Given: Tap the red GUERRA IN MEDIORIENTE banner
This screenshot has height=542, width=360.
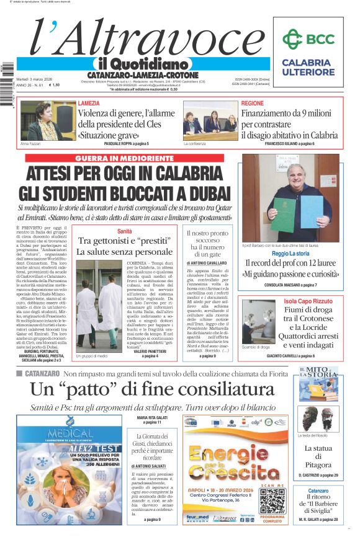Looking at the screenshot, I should (x=130, y=159).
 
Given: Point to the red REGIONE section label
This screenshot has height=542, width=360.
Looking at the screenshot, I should (x=253, y=103).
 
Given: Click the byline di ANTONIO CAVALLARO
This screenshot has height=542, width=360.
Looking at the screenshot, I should (x=206, y=264).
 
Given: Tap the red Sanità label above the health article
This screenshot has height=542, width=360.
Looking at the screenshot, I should (x=125, y=231).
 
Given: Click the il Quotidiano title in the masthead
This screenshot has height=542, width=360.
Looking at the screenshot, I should (x=142, y=64).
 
